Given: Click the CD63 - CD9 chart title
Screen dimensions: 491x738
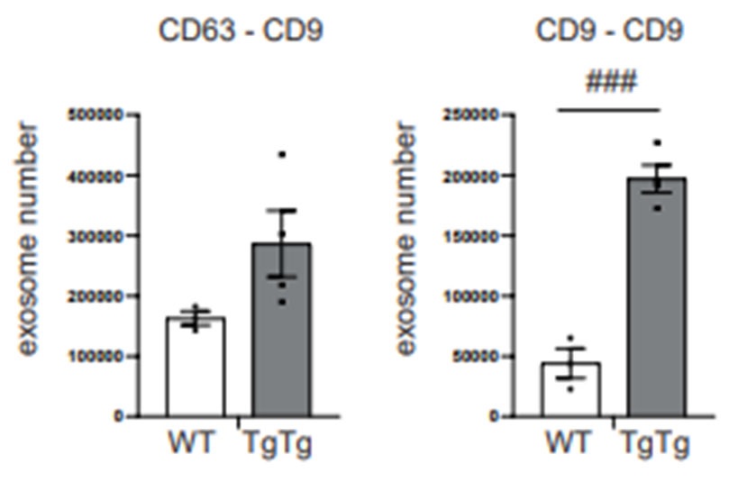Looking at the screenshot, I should coord(241,32).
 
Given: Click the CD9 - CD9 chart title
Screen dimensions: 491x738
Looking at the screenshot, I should coord(609,32).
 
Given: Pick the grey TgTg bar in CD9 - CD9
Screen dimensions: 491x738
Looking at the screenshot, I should coord(657,297).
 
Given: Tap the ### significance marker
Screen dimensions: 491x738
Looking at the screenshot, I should coord(610,83).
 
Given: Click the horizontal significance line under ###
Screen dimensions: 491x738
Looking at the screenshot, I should coord(609,111).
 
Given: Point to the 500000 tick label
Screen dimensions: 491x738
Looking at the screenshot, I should coord(94,115).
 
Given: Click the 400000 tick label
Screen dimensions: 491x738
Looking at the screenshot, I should coord(94,176).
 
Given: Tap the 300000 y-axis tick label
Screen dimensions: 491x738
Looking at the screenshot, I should coord(94,236).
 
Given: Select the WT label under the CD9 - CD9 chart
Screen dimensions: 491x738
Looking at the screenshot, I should coord(569,444).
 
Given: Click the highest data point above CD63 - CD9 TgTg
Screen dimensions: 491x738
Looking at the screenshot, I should coord(281,155).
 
